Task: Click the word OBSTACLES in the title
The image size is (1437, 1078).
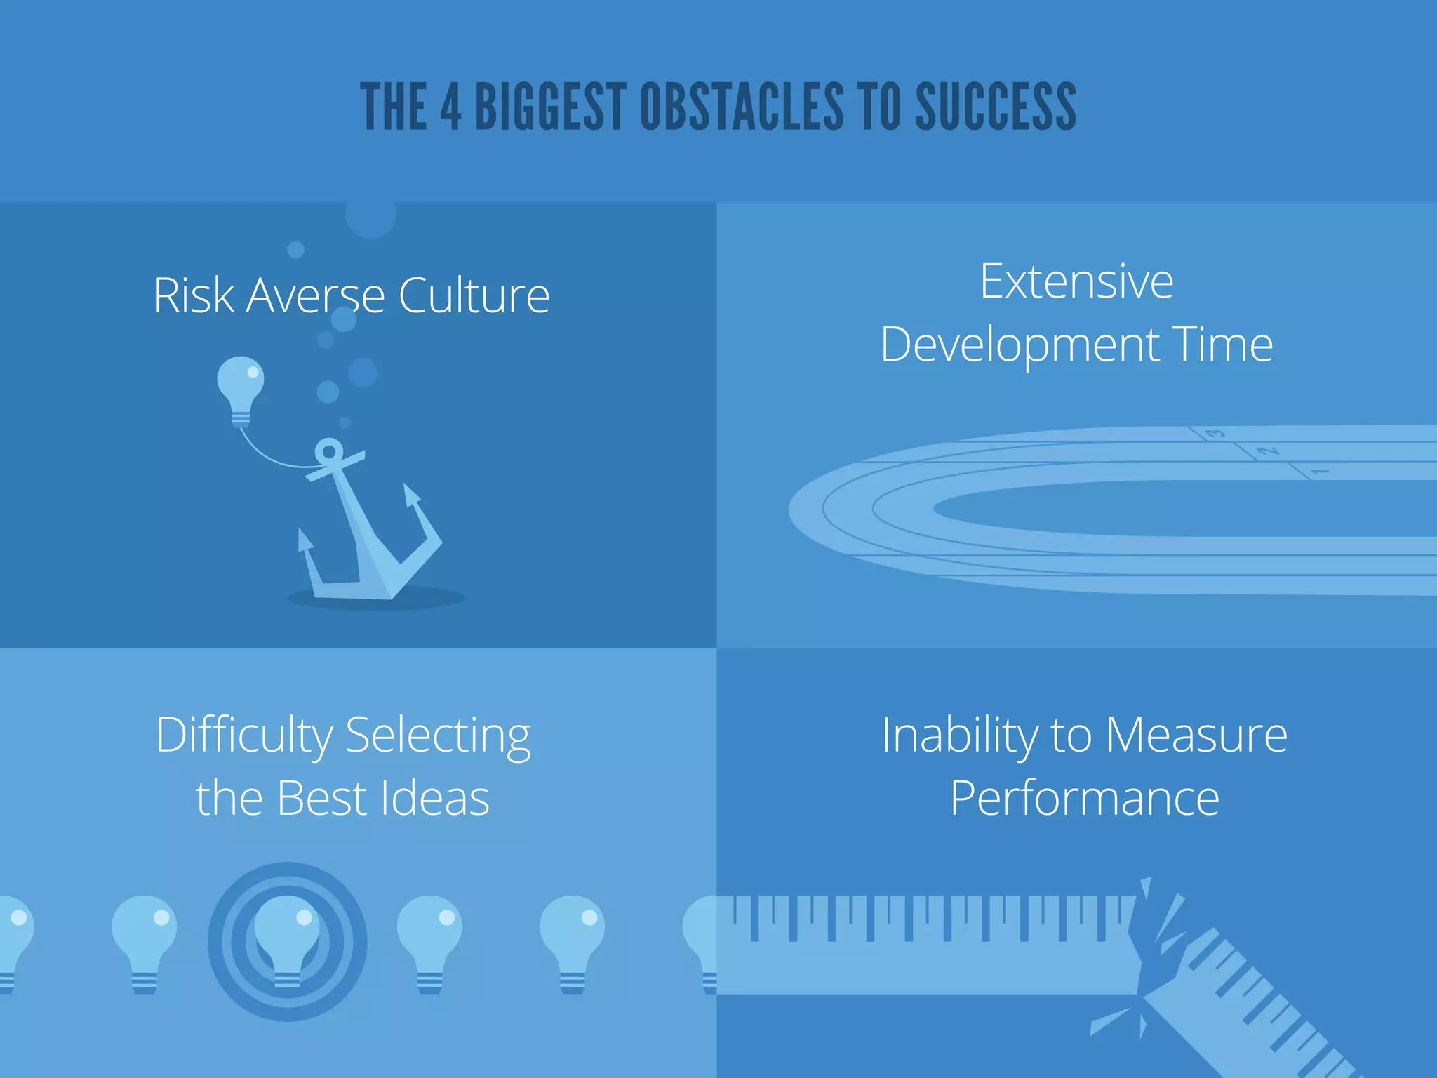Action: point(742,107)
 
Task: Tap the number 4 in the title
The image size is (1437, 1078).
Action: point(450,107)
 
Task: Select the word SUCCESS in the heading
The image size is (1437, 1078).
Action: point(996,107)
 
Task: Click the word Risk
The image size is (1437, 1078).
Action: point(193,295)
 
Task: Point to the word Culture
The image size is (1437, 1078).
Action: point(474,295)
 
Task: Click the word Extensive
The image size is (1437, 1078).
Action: point(1076,281)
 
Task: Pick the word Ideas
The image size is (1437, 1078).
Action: point(434,799)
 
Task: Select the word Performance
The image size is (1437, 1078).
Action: point(1084,799)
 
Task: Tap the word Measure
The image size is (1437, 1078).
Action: point(1196,736)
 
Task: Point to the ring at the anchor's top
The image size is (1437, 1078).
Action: point(328,451)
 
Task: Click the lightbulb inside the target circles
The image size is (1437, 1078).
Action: point(286,937)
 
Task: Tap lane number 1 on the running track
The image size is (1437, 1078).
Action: point(1319,471)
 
